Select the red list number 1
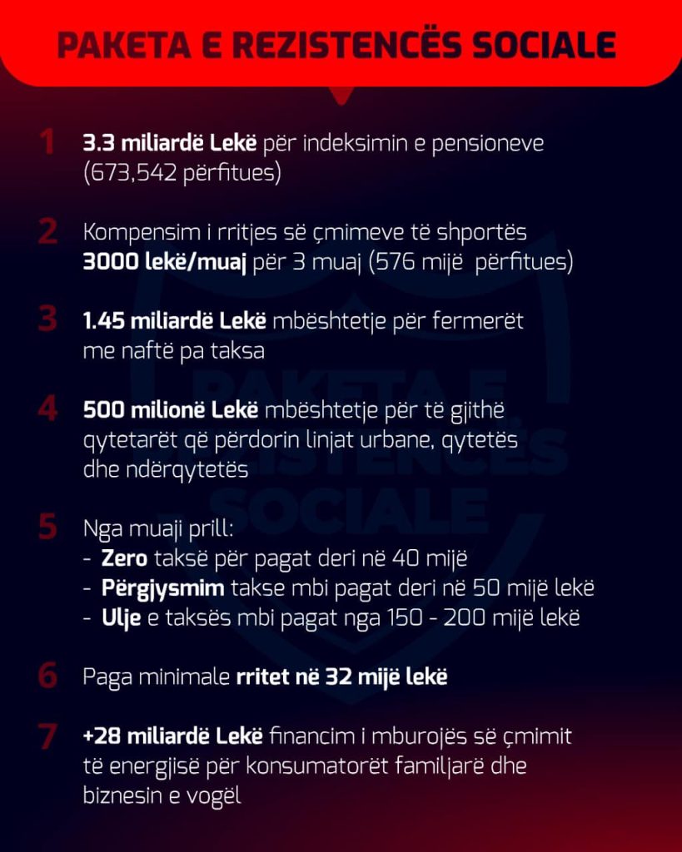tap(47, 142)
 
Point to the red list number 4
tap(47, 410)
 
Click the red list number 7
tap(47, 736)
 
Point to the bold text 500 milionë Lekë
tap(172, 410)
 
